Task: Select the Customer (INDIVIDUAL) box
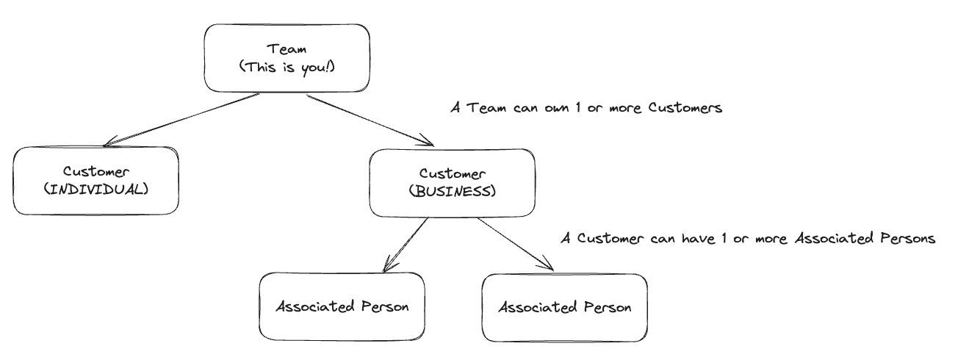96,180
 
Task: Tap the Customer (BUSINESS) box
451,183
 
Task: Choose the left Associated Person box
342,306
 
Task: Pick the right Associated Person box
564,307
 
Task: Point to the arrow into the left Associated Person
405,245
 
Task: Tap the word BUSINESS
451,192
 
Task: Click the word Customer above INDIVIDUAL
96,171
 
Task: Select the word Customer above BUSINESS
451,174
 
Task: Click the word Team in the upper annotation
480,108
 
